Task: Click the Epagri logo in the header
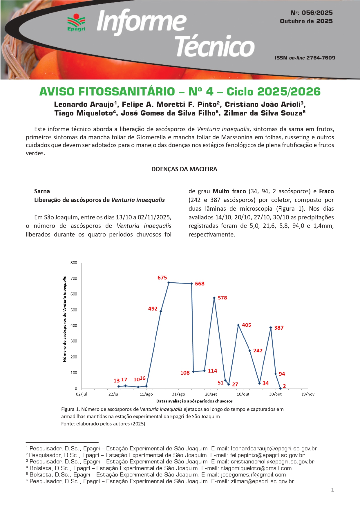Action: tap(76, 22)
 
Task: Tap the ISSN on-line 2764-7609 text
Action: tap(305, 58)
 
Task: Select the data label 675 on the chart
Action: tap(162, 278)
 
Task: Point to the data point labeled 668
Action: tap(191, 284)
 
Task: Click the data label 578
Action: tap(222, 298)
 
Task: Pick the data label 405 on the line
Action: tap(246, 325)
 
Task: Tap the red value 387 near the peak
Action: tap(279, 328)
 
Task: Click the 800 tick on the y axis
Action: tap(74, 263)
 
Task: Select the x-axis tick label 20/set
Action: tap(211, 394)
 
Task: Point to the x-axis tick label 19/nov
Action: tap(308, 394)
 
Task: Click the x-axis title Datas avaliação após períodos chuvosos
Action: tap(194, 401)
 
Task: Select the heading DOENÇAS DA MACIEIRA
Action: tap(184, 169)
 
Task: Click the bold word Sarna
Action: tap(42, 191)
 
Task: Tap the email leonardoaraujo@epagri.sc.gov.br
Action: tap(274, 448)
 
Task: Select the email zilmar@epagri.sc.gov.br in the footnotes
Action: tap(263, 481)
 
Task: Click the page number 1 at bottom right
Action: tap(332, 490)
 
